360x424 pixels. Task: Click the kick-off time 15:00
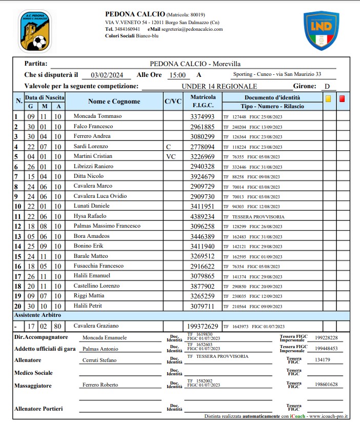coord(177,75)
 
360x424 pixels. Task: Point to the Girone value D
coord(326,87)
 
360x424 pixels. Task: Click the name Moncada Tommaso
coord(97,116)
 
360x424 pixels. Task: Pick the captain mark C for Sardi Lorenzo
coord(169,147)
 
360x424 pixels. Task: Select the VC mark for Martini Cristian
coord(171,156)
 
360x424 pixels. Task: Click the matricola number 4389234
coord(203,216)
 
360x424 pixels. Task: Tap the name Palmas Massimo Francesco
coord(107,226)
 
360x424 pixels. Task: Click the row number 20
coord(17,306)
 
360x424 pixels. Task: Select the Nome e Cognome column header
coord(114,101)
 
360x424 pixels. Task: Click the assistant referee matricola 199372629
coord(203,326)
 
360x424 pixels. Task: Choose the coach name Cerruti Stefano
coord(99,360)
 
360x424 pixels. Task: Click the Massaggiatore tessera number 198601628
coord(326,384)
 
